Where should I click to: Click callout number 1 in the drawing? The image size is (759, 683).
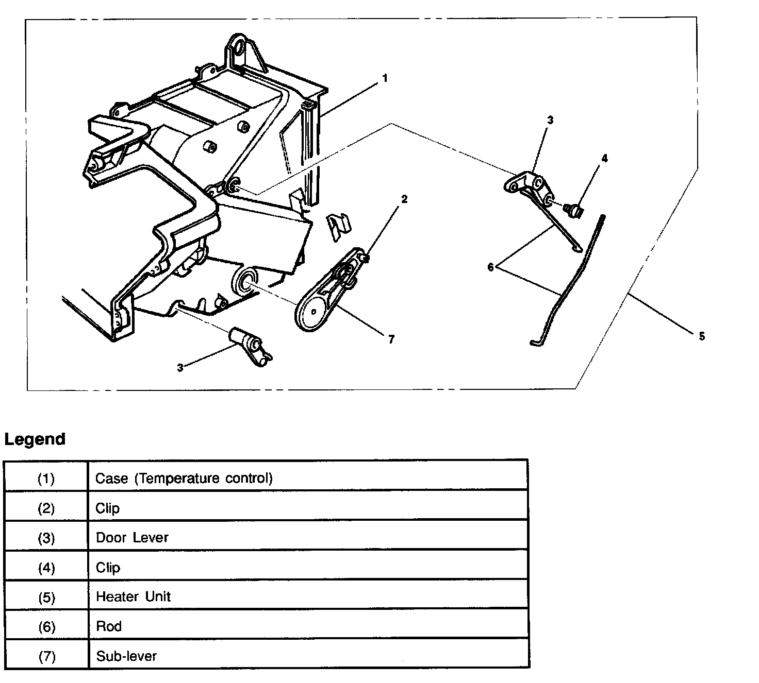pos(385,78)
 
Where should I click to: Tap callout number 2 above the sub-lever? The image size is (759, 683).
pos(404,199)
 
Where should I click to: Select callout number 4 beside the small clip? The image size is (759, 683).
pos(604,158)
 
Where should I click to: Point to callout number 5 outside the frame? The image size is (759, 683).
pos(701,336)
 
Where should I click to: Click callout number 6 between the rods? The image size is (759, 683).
pos(491,267)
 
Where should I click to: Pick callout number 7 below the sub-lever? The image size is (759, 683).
pos(391,339)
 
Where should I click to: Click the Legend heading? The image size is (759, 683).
pos(35,439)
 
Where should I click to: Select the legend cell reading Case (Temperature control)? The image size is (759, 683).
pos(184,478)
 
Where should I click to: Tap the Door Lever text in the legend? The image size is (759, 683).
pos(132,538)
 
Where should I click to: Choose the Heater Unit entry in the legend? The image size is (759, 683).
pos(133,597)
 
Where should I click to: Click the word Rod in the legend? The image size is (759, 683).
pos(109,626)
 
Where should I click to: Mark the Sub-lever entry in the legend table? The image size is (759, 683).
pos(126,656)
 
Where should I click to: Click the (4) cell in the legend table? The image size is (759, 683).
pos(46,568)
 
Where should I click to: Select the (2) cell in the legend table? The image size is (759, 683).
pos(46,508)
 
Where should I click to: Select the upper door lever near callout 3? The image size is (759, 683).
pos(529,185)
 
